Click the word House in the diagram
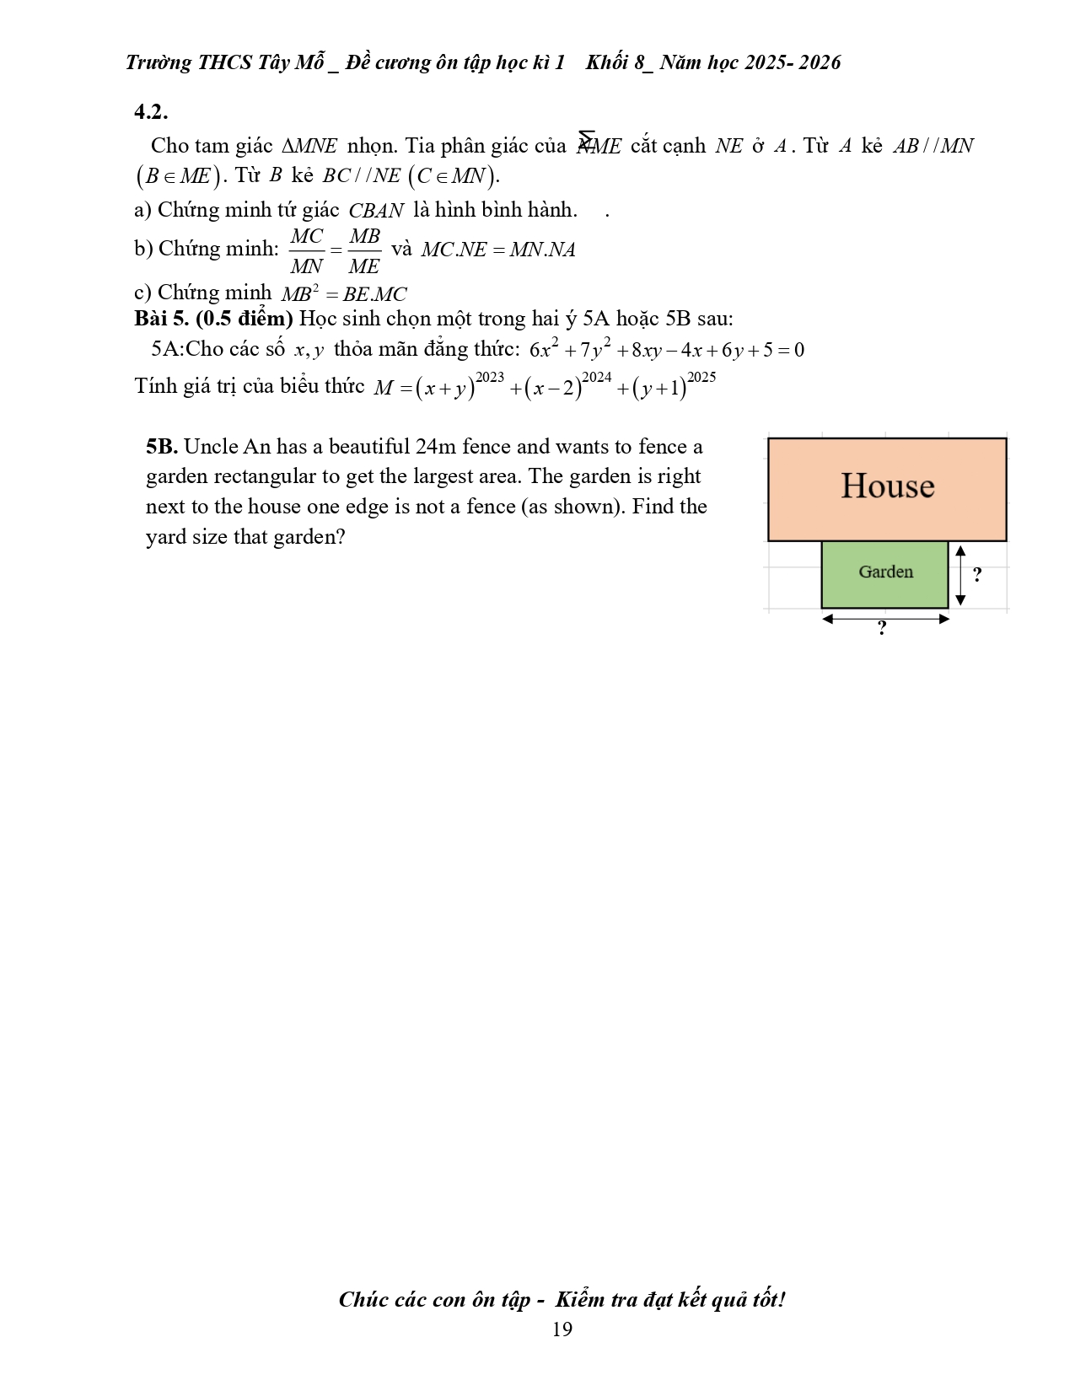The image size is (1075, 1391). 887,486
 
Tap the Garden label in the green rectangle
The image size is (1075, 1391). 885,572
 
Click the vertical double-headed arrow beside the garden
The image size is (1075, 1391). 959,575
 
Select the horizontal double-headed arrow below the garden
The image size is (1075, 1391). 885,619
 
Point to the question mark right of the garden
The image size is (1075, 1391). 977,575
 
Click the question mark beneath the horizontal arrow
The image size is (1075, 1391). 882,629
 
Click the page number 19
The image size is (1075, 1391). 562,1329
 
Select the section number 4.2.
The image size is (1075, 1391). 151,111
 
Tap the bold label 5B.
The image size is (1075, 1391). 161,447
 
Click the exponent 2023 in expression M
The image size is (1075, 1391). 489,377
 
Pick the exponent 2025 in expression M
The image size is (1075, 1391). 701,377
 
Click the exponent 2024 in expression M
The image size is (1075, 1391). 596,377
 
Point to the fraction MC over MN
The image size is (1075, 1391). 306,250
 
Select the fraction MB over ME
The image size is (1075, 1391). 364,250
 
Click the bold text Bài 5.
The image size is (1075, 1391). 162,319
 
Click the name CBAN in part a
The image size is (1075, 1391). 376,211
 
